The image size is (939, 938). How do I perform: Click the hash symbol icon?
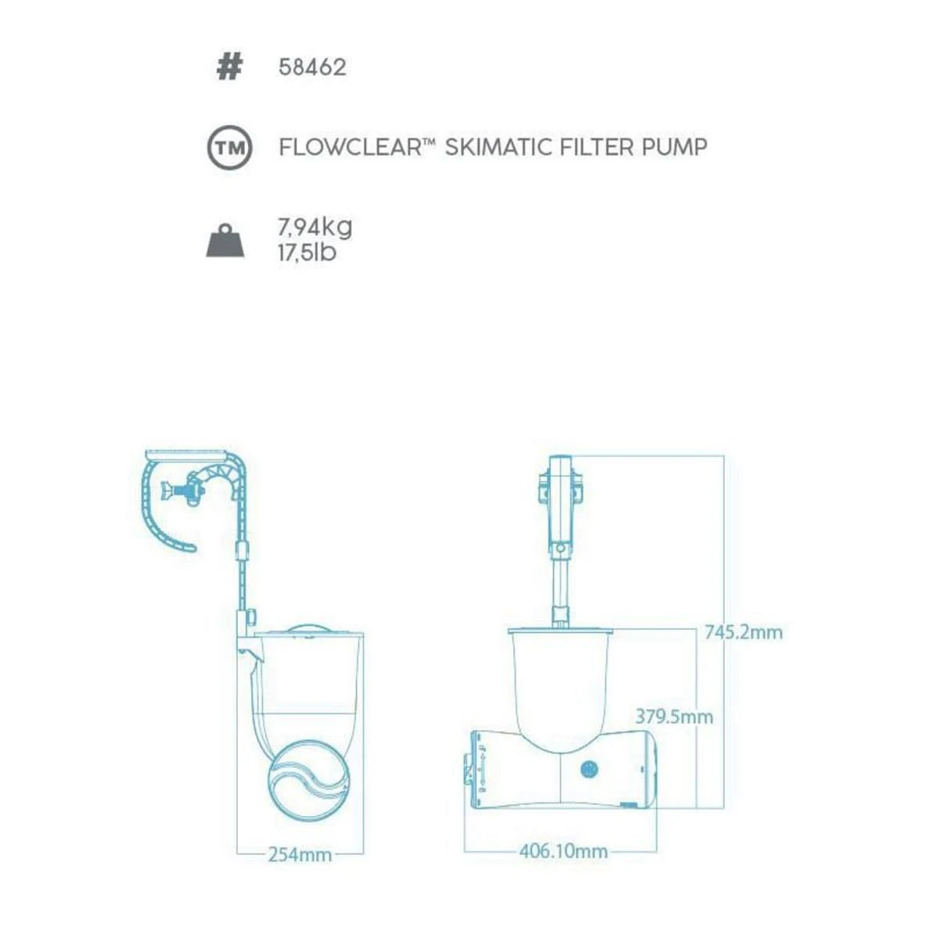[x=228, y=67]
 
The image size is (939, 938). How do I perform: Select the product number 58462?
[x=312, y=67]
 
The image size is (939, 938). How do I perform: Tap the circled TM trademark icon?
[x=229, y=147]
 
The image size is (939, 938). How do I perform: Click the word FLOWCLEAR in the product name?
[x=350, y=146]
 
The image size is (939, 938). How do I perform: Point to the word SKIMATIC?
[x=498, y=146]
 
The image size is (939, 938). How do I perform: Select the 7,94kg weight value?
[x=315, y=228]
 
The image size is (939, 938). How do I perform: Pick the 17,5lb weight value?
[x=308, y=253]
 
